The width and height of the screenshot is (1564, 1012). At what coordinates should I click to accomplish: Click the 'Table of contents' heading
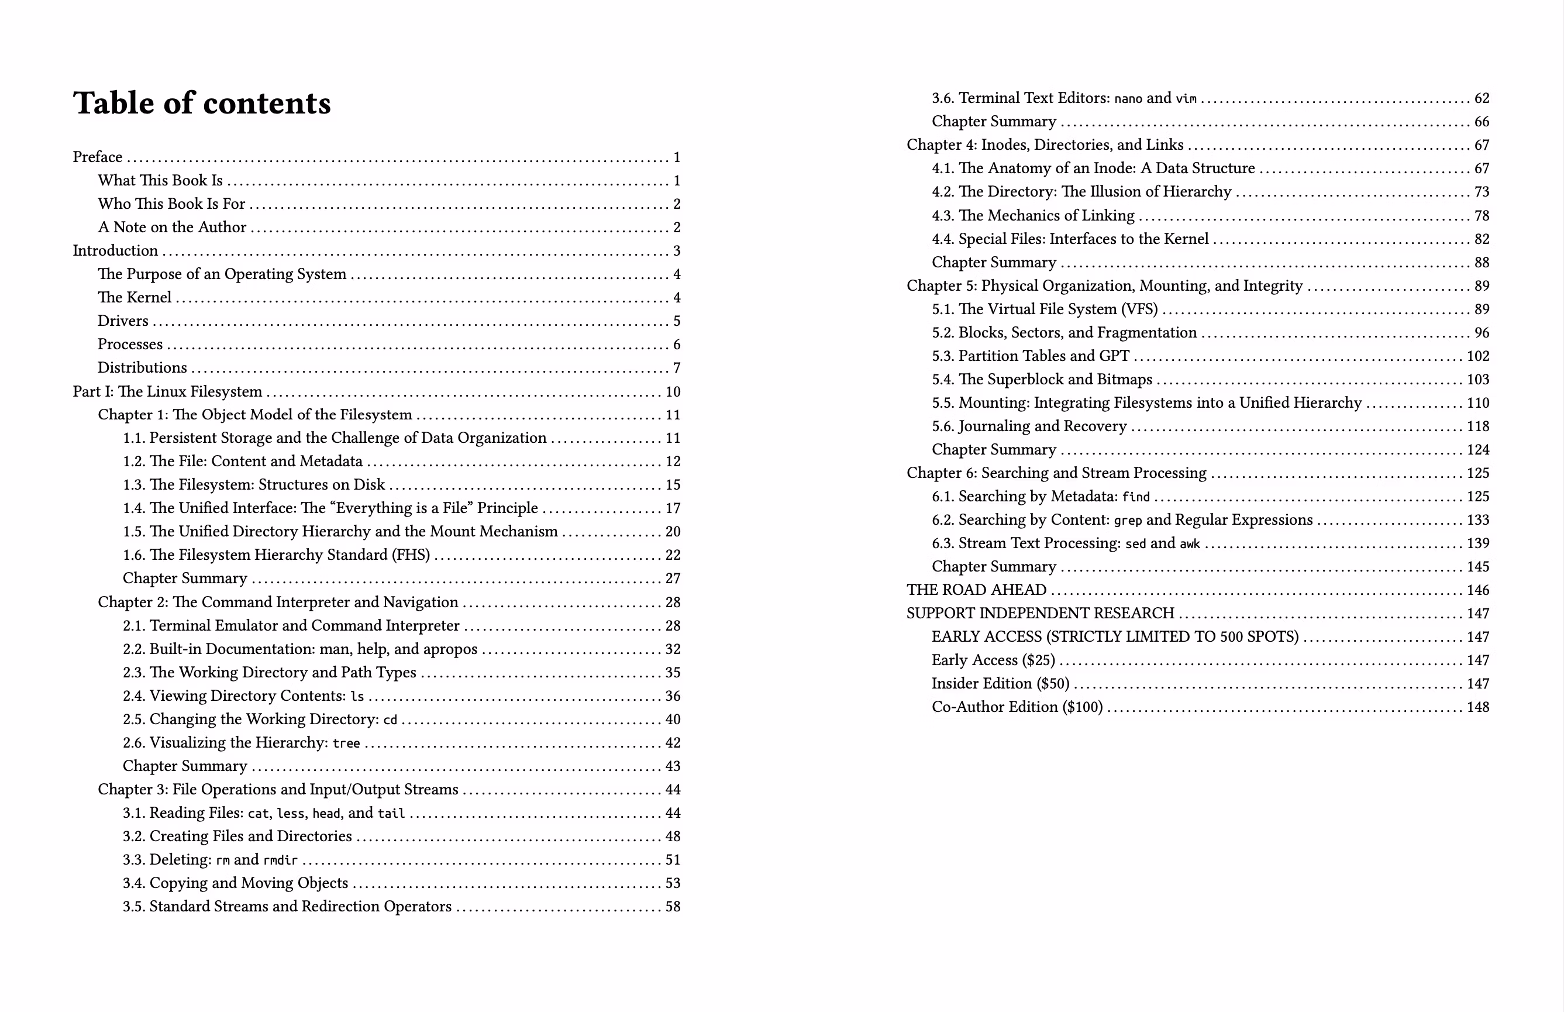pos(202,103)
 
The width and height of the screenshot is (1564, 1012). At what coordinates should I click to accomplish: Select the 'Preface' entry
pos(97,157)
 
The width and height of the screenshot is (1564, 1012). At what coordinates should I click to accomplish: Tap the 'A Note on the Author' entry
pos(171,228)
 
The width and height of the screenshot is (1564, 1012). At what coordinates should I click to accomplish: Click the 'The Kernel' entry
pos(134,298)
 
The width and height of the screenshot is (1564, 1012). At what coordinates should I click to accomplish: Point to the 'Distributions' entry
pos(142,368)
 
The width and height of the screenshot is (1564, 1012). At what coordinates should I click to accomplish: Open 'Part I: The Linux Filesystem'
pos(167,392)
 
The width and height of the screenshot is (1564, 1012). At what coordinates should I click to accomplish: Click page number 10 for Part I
pos(673,393)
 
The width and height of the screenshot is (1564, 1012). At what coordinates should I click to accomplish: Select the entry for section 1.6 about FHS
pos(276,555)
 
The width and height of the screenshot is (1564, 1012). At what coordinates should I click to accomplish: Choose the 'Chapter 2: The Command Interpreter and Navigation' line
pos(277,603)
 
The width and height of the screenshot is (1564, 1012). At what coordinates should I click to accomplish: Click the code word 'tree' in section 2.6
pos(346,743)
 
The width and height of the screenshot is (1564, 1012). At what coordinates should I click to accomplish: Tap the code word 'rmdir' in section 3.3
pos(281,860)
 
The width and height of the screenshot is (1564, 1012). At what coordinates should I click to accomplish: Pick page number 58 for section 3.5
pos(673,907)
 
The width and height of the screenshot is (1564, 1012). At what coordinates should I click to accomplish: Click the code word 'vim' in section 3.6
pos(1186,99)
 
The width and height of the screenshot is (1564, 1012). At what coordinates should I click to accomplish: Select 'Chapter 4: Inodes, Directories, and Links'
pos(1045,145)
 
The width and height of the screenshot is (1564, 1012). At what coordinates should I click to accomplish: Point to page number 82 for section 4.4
pos(1481,239)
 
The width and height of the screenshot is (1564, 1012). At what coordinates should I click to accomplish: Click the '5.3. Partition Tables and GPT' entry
pos(1030,356)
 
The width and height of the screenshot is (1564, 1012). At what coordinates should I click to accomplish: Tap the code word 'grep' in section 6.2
pos(1128,521)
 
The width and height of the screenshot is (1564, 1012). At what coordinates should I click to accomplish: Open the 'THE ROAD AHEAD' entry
pos(976,590)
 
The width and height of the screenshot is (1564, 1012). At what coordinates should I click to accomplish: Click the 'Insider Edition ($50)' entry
pos(1000,684)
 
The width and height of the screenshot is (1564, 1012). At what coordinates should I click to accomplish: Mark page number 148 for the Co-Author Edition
pos(1477,708)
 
